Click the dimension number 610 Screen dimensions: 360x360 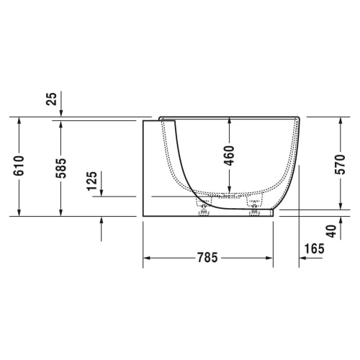[x=19, y=166]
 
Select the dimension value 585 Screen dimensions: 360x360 [x=60, y=168]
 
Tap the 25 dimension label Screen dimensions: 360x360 [x=51, y=99]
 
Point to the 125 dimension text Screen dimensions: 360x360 [x=92, y=181]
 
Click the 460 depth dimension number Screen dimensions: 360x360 [x=229, y=156]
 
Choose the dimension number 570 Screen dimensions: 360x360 [x=340, y=164]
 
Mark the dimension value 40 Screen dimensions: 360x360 [x=332, y=231]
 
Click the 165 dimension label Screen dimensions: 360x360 [x=314, y=248]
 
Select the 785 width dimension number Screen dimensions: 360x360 [x=207, y=258]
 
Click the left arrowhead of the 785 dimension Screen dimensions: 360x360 [x=146, y=258]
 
